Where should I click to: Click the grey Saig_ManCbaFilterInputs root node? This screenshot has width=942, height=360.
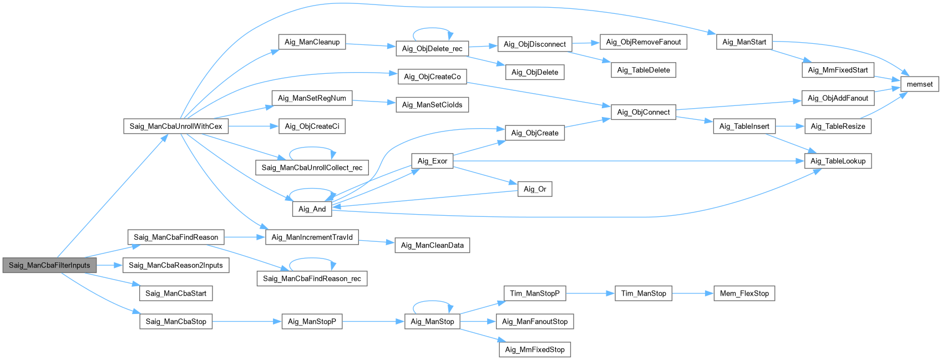click(x=49, y=265)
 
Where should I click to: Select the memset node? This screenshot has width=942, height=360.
click(x=919, y=84)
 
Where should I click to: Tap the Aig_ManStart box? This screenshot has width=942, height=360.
click(x=744, y=42)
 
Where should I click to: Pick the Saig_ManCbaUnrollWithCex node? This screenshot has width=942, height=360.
click(x=175, y=126)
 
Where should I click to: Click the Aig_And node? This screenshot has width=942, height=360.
click(x=312, y=209)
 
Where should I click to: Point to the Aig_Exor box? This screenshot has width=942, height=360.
click(x=432, y=161)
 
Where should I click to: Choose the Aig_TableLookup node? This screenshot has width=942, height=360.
click(x=838, y=161)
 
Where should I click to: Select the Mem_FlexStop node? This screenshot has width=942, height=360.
click(x=744, y=293)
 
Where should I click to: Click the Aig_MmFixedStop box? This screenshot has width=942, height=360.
click(x=535, y=349)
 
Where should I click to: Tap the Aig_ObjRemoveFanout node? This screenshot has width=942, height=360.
click(x=643, y=42)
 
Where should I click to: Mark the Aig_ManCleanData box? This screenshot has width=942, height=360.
click(x=432, y=245)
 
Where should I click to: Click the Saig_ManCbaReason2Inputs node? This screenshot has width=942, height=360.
click(x=175, y=265)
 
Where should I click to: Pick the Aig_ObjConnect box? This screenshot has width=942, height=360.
click(x=643, y=112)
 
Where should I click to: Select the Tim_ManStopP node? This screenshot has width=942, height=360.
click(x=535, y=293)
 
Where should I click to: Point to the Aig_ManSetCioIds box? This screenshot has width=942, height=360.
click(x=432, y=105)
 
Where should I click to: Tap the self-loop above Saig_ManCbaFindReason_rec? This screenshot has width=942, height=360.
click(x=312, y=259)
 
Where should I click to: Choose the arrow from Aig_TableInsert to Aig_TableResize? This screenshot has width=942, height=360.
click(x=789, y=126)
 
